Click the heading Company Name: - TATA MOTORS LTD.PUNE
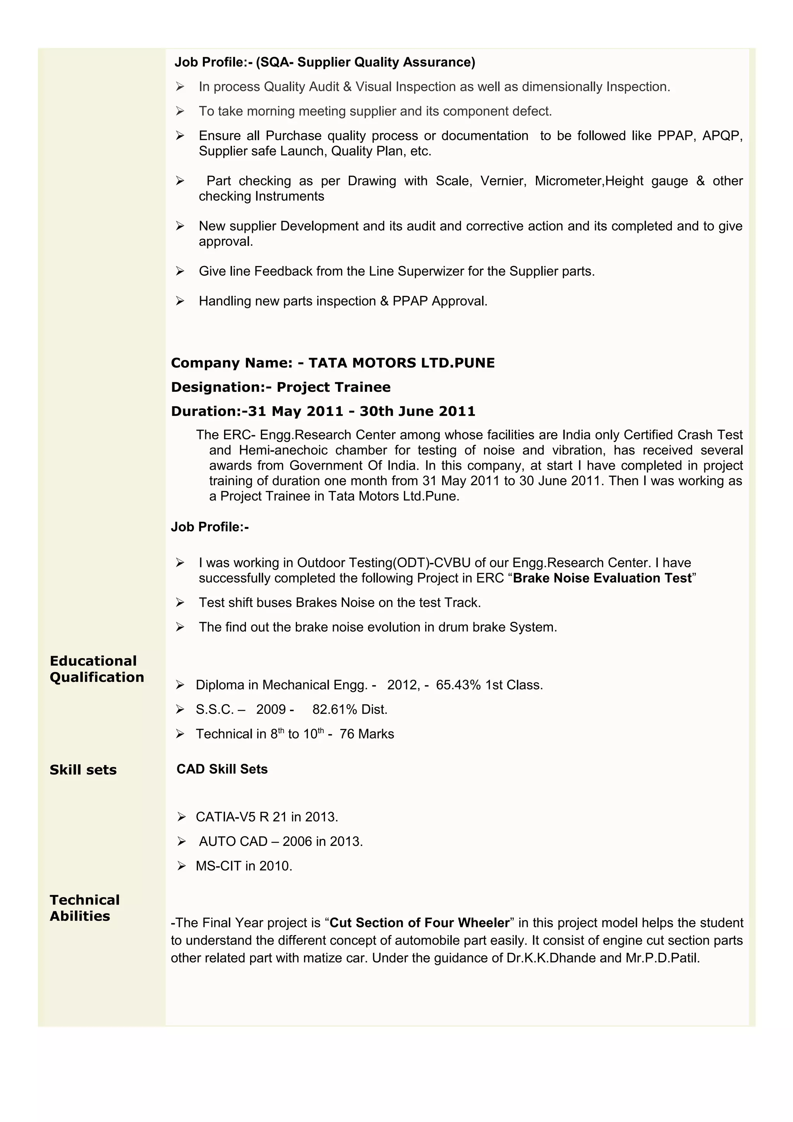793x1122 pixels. [333, 363]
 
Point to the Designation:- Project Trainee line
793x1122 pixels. [280, 388]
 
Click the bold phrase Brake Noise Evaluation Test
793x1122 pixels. [602, 578]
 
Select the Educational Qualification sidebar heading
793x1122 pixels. [97, 669]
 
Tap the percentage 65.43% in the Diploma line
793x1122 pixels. [458, 685]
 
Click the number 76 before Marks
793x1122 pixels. [347, 734]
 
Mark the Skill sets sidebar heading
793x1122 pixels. [83, 770]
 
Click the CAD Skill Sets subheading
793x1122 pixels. [222, 769]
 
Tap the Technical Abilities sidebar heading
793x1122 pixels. [84, 908]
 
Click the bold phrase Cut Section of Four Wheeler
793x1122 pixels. [419, 923]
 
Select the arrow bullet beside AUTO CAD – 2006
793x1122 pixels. [181, 842]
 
